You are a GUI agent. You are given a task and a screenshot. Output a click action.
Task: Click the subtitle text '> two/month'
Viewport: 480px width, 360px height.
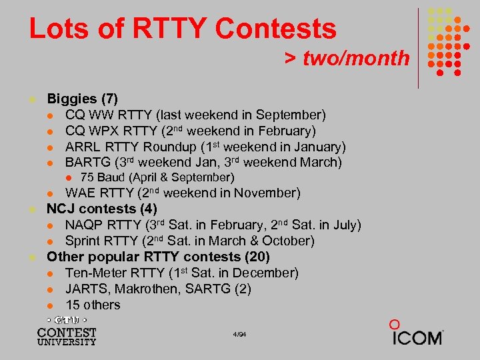[x=347, y=58]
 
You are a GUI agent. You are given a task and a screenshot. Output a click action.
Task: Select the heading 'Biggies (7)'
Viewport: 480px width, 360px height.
[x=82, y=99]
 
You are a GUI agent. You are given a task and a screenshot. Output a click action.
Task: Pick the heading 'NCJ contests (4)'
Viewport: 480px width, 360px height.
[x=101, y=209]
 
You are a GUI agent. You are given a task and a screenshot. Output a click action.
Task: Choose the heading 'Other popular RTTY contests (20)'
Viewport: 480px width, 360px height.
[x=159, y=257]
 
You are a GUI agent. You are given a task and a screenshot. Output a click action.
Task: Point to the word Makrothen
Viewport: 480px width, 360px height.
[x=145, y=289]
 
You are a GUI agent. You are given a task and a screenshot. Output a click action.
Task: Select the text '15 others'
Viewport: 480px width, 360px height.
[x=93, y=305]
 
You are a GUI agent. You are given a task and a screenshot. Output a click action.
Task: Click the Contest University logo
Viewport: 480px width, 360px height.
[x=67, y=331]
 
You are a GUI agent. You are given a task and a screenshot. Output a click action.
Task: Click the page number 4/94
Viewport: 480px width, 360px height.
[x=240, y=333]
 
